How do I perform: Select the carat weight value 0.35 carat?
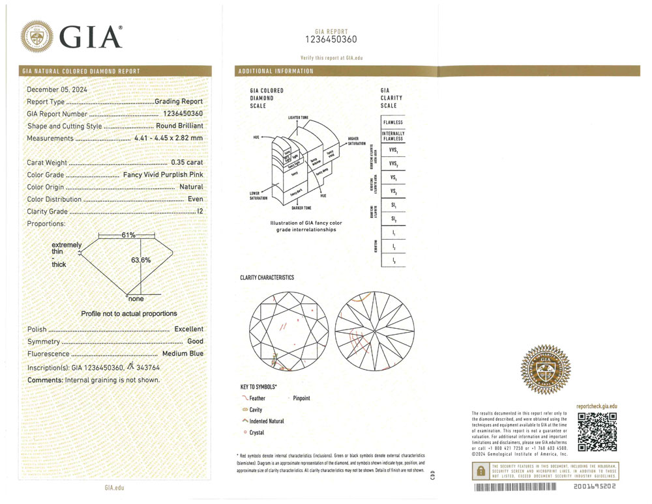pyautogui.click(x=186, y=163)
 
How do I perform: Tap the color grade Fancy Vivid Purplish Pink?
pyautogui.click(x=163, y=175)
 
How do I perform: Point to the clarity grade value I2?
pyautogui.click(x=200, y=211)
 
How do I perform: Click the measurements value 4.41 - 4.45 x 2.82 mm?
pyautogui.click(x=168, y=138)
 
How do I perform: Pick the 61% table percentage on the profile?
pyautogui.click(x=128, y=234)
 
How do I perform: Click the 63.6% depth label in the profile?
pyautogui.click(x=141, y=260)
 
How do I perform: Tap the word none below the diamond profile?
pyautogui.click(x=136, y=299)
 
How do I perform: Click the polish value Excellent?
pyautogui.click(x=188, y=329)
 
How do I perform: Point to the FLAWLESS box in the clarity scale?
pyautogui.click(x=393, y=122)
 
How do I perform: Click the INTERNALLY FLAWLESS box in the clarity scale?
pyautogui.click(x=393, y=136)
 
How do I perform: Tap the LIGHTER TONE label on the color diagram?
pyautogui.click(x=302, y=117)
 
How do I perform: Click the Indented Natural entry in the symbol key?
pyautogui.click(x=267, y=421)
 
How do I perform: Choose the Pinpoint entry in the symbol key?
pyautogui.click(x=301, y=398)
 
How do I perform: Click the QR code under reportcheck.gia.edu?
pyautogui.click(x=597, y=432)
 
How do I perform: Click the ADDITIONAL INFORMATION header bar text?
pyautogui.click(x=276, y=71)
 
